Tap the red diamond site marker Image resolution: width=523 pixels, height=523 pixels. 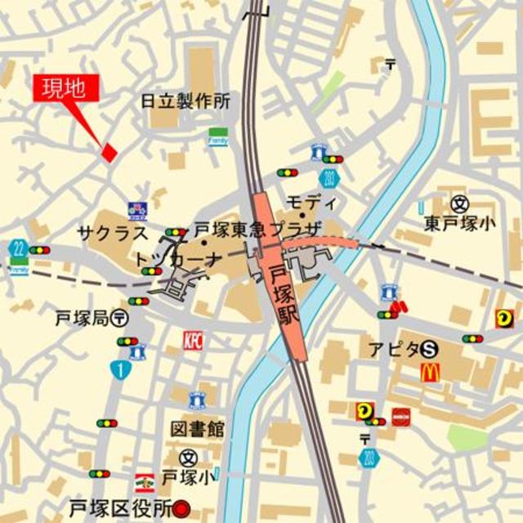pos(108,151)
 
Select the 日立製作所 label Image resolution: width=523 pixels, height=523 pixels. pos(186,101)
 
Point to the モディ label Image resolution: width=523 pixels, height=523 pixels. pos(311,202)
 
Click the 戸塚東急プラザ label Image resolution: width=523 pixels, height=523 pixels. pos(258,230)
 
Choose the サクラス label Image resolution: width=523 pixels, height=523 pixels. pos(113,232)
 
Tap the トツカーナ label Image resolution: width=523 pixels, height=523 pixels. pos(179,260)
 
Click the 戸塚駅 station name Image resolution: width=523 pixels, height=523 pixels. pos(287,292)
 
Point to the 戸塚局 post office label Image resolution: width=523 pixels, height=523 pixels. pos(82,317)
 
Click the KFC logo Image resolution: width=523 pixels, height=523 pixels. pos(193,340)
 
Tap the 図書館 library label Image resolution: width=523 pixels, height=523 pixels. pos(197,429)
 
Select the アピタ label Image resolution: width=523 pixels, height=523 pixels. pos(392,349)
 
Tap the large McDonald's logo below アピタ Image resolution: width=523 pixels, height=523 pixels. pos(430,373)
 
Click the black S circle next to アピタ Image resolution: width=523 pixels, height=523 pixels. pos(429,349)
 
